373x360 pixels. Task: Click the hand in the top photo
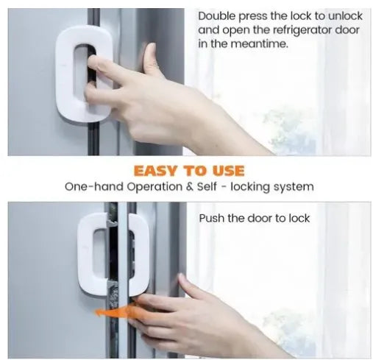point(169,96)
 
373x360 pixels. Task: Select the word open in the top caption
point(234,30)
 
